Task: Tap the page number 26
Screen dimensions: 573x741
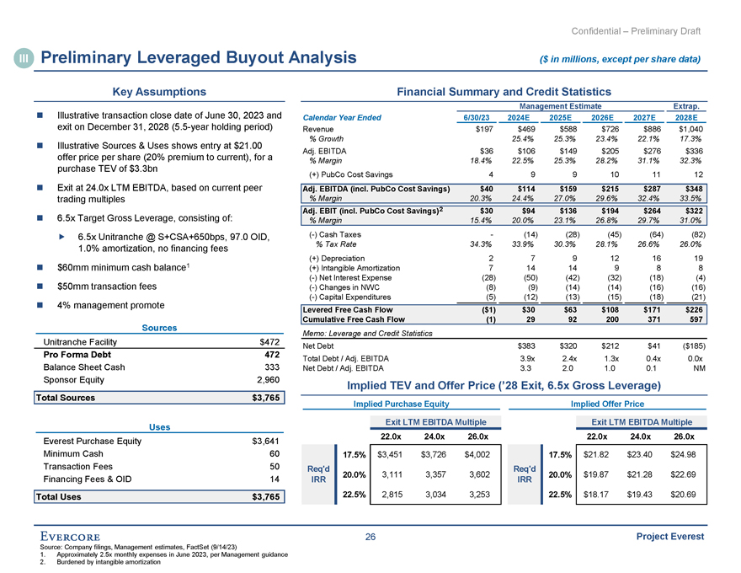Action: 370,538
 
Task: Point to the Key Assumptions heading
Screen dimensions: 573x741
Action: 161,91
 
